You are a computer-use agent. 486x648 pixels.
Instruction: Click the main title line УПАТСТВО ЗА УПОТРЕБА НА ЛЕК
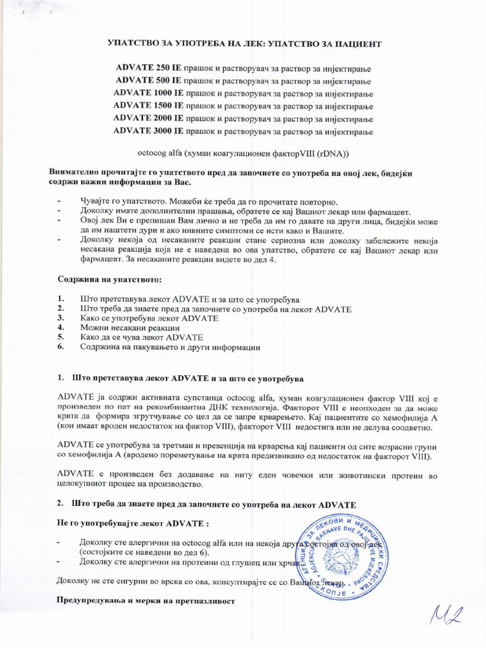243,42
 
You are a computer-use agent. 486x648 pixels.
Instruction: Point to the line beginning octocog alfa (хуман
243,153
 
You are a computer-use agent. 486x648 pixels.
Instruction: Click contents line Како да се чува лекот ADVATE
141,338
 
